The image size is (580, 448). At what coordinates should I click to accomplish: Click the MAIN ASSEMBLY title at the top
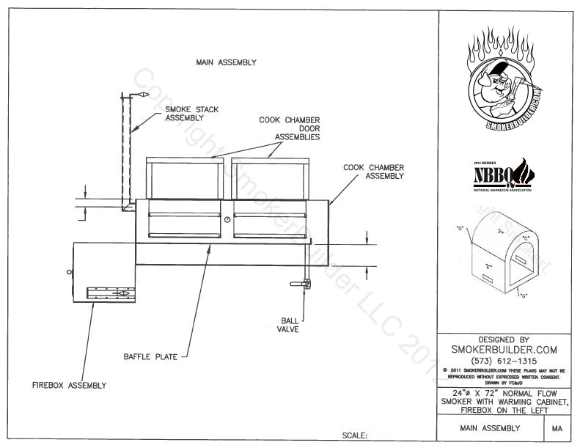pos(226,62)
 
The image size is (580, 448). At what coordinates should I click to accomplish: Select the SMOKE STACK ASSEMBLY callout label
pos(191,113)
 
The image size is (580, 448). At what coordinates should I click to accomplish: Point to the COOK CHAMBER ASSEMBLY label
pos(374,172)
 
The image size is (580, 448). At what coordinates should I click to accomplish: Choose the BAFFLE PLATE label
pos(150,358)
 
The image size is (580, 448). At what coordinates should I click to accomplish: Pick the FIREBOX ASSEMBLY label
pos(70,385)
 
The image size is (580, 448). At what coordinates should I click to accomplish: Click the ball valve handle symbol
pos(298,284)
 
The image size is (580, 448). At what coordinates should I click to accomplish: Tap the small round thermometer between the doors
pos(227,220)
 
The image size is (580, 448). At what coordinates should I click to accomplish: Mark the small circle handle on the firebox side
pos(70,272)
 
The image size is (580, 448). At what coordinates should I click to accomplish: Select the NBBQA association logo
pos(505,174)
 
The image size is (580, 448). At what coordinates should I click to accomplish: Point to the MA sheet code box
pos(557,428)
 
